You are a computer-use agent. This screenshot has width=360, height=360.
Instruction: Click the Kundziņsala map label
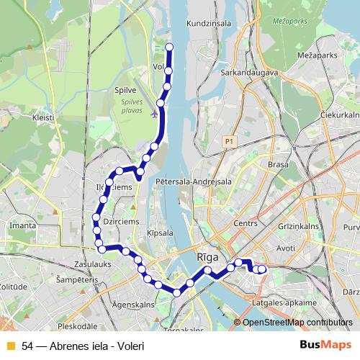(209, 23)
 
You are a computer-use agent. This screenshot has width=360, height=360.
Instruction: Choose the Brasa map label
(278, 165)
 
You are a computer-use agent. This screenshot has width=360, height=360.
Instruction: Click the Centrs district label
(246, 224)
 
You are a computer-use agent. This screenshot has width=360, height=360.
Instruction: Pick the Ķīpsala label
(159, 233)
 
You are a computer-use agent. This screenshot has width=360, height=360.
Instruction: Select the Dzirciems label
(121, 222)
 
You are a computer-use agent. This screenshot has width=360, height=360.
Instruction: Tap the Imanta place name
(23, 225)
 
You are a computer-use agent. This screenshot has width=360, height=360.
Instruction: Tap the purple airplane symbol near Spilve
(156, 112)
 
